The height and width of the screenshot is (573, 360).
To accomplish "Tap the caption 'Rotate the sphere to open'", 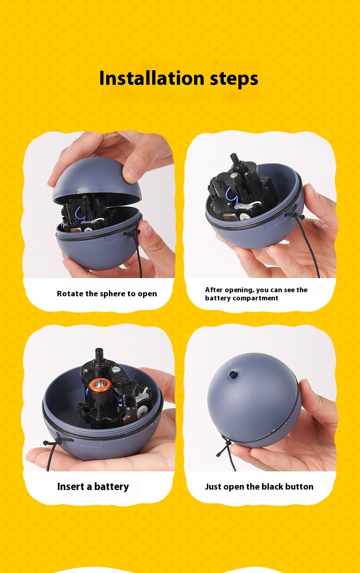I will [x=107, y=294].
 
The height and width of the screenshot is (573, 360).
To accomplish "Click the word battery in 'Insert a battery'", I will [x=112, y=487].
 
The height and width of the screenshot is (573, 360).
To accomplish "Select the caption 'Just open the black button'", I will [x=259, y=487].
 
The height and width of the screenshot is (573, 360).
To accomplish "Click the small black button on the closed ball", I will [x=231, y=375].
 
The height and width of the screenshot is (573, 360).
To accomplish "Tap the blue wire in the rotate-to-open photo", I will [x=82, y=213].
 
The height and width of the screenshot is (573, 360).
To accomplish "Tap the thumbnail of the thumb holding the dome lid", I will [x=132, y=173].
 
